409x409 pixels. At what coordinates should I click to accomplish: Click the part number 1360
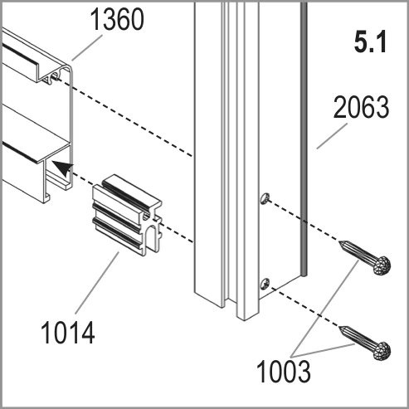point(117,19)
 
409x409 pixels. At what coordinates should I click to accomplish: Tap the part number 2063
point(361,107)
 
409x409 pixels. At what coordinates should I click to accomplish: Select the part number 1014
point(68,332)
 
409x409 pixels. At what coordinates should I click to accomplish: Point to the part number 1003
point(284,371)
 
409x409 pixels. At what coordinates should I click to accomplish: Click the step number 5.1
point(370,42)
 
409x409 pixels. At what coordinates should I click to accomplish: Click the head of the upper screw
point(382,265)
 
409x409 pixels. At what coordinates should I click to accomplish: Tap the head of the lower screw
point(382,351)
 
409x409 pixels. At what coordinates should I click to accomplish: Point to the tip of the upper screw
point(339,242)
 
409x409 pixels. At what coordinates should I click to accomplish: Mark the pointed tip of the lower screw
point(339,327)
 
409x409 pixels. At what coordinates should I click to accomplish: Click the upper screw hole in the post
point(265,198)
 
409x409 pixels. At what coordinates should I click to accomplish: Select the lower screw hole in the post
point(265,284)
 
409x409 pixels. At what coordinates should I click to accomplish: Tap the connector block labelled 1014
point(127,215)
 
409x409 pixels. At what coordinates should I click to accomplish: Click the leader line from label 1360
point(87,47)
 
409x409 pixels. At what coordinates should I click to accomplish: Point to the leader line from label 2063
point(332,136)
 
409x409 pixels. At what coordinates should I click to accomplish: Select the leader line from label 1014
point(97,282)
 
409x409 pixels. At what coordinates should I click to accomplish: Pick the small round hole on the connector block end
point(146,217)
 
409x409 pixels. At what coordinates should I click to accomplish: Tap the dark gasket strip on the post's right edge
point(304,139)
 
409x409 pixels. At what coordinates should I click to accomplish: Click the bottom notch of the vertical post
point(231,304)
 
